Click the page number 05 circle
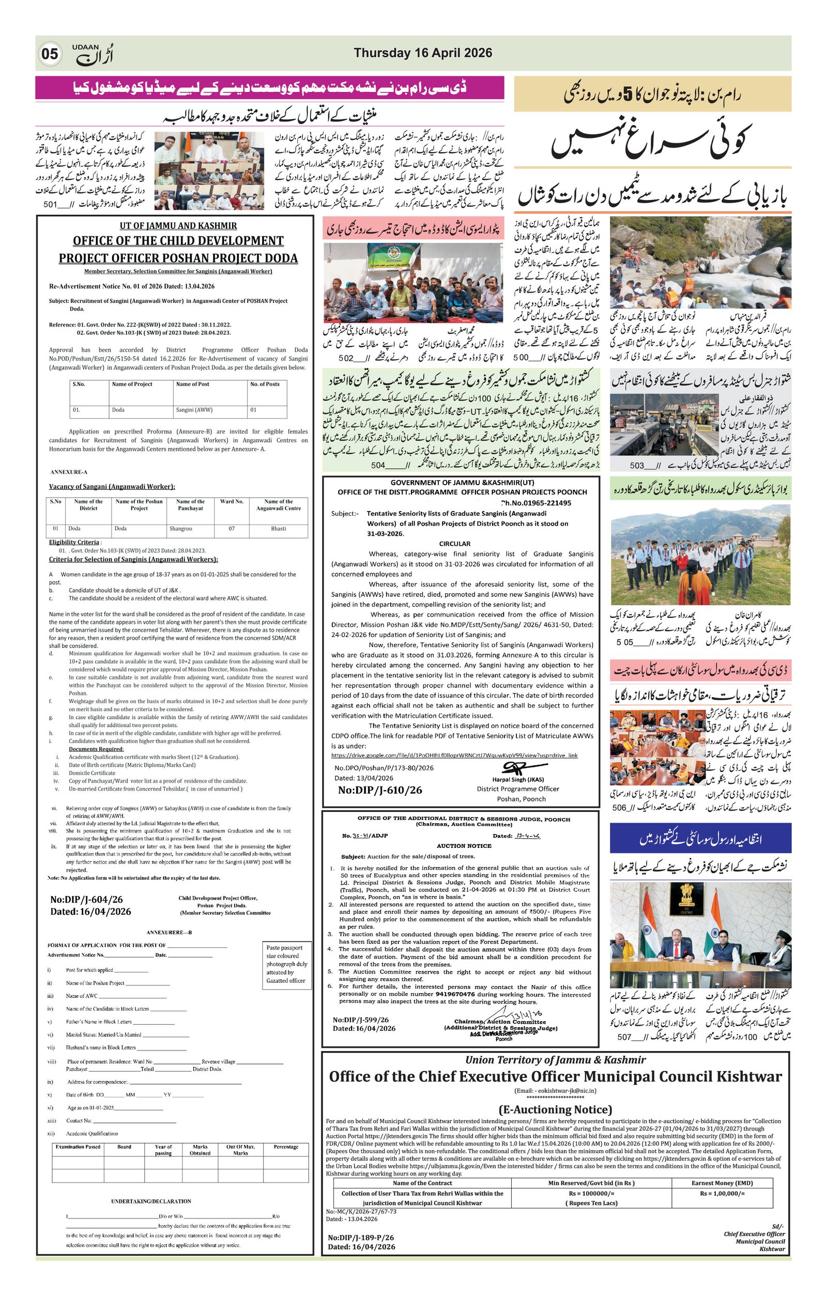click(x=50, y=54)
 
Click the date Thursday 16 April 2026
click(x=422, y=53)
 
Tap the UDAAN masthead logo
click(x=93, y=54)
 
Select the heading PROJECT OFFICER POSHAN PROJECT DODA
click(x=178, y=258)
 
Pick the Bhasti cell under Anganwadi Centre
click(x=279, y=529)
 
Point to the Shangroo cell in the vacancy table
click(x=181, y=529)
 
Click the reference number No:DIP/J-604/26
click(x=86, y=899)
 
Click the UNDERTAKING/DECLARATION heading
click(x=151, y=1201)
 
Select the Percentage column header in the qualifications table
click(x=286, y=1147)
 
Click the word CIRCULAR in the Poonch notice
click(x=454, y=544)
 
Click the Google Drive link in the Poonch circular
click(x=454, y=755)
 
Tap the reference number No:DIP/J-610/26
click(x=380, y=790)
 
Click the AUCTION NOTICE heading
click(x=464, y=846)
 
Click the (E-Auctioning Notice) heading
click(x=555, y=1110)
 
